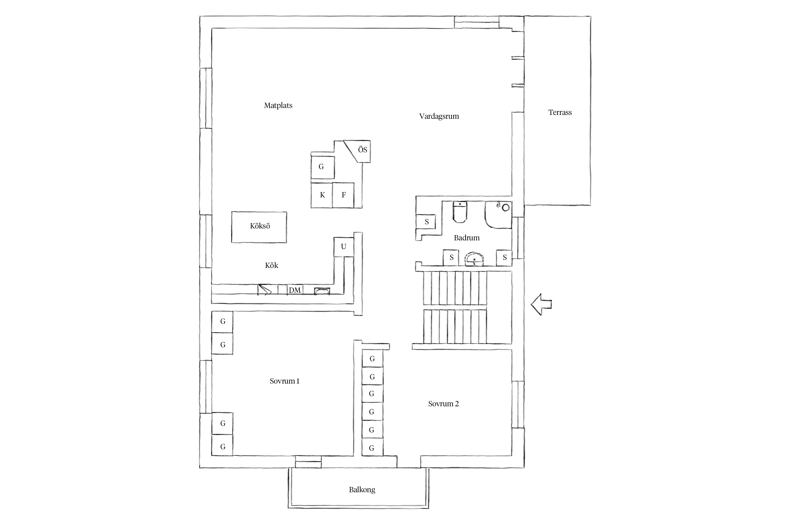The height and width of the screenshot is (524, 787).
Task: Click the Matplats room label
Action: pyautogui.click(x=278, y=105)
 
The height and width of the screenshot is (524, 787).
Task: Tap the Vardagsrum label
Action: pyautogui.click(x=439, y=116)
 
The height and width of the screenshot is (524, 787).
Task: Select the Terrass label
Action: pyautogui.click(x=560, y=112)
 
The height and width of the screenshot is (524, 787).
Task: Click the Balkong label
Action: pyautogui.click(x=362, y=490)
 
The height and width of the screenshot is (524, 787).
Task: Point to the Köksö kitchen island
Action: pyautogui.click(x=259, y=227)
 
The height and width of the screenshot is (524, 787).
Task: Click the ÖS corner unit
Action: pyautogui.click(x=357, y=151)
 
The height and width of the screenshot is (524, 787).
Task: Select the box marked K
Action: pyautogui.click(x=322, y=195)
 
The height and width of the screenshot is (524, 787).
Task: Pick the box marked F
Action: pyautogui.click(x=343, y=195)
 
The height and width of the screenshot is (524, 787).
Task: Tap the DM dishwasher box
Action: pyautogui.click(x=295, y=290)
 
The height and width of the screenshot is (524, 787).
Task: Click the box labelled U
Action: pyautogui.click(x=344, y=247)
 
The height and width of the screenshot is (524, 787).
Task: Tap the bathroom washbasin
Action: pyautogui.click(x=474, y=259)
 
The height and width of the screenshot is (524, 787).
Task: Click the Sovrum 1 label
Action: pyautogui.click(x=285, y=381)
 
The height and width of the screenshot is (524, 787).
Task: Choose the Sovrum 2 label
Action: pyautogui.click(x=444, y=404)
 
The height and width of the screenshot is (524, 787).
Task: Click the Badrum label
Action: pyautogui.click(x=467, y=238)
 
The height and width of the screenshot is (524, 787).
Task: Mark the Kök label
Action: pyautogui.click(x=271, y=265)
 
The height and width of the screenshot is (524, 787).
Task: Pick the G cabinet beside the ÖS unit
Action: pyautogui.click(x=322, y=167)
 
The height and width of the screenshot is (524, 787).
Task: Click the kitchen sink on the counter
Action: pyautogui.click(x=322, y=291)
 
